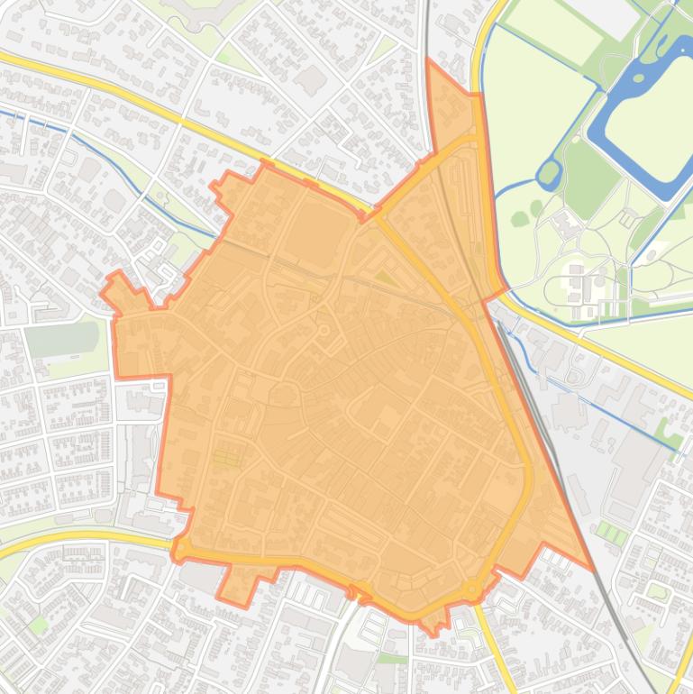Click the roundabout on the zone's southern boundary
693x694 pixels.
[x=471, y=589]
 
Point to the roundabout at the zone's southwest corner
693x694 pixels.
[x=183, y=547]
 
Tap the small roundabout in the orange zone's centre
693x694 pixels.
[x=324, y=331]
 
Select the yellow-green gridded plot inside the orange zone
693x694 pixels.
[x=226, y=458]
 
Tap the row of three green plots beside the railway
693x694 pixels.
[x=613, y=534]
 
